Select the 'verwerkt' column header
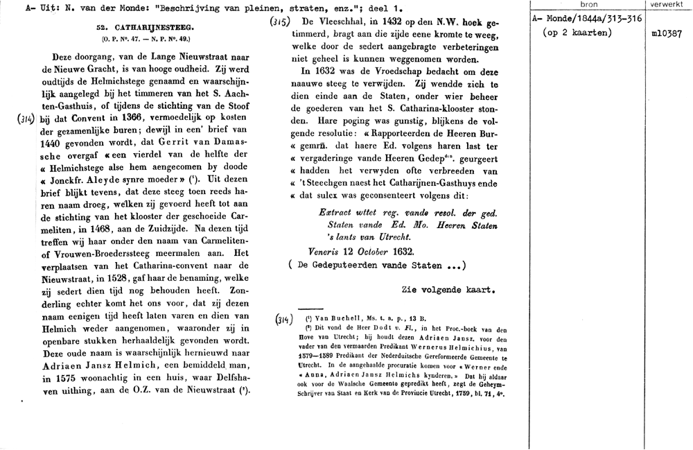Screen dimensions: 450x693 (x=666, y=5)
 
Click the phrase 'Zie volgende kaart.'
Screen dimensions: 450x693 (x=448, y=288)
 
